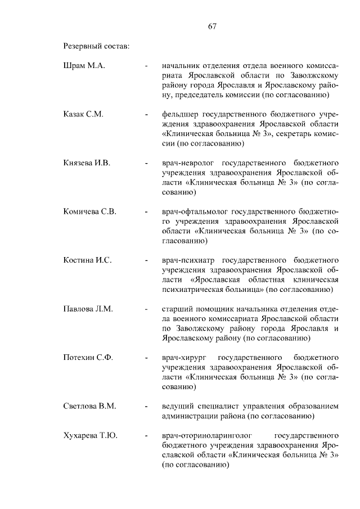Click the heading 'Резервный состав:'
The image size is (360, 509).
[x=96, y=45]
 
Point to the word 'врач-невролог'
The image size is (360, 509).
[x=188, y=163]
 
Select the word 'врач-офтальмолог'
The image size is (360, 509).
[x=195, y=212]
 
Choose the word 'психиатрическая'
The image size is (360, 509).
[x=193, y=290]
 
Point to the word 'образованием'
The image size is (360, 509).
[x=313, y=407]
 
